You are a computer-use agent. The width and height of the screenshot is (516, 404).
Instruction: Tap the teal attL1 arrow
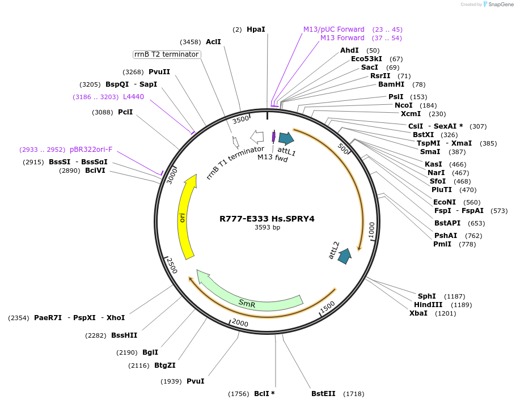coord(286,138)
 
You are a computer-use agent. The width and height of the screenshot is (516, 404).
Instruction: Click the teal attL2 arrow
coord(344,256)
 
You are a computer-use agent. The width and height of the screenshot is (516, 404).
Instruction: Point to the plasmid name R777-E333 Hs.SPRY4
coord(267,218)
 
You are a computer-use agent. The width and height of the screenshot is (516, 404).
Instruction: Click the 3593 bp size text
coord(267,227)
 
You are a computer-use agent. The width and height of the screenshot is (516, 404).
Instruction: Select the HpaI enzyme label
coord(256,29)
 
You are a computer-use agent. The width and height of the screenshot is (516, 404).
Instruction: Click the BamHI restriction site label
coord(391,84)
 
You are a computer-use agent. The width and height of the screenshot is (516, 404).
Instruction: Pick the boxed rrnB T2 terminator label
coord(166,54)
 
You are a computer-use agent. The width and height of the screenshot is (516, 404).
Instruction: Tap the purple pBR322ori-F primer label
coord(91,150)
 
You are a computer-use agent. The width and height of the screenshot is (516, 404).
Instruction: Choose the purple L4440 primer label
coord(133,97)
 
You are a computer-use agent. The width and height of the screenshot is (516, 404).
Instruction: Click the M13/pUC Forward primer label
coord(333,29)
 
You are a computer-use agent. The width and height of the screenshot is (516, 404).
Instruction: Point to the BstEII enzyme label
coord(323,394)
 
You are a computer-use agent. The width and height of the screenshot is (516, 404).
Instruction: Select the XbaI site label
coord(418,313)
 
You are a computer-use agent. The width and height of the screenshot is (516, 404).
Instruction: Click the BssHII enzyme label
coord(124,335)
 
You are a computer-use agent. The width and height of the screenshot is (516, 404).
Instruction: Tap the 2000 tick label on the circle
coord(240,323)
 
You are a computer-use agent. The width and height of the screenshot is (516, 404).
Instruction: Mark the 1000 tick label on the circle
coord(371,230)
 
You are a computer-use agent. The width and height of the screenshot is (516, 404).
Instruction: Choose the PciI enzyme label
coord(125,112)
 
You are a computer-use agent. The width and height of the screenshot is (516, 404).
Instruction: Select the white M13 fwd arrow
coord(257,137)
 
